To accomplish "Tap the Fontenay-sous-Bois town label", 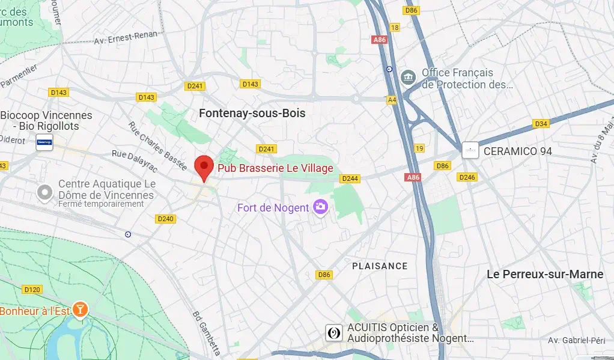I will click(x=252, y=113).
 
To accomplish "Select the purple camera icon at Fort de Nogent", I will click(x=321, y=207).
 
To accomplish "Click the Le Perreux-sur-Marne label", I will click(x=545, y=274).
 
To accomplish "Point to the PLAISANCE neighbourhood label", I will click(x=380, y=266).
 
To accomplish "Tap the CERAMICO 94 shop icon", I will click(x=470, y=151).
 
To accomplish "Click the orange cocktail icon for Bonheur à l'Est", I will click(x=80, y=310).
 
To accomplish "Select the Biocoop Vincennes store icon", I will click(x=44, y=144).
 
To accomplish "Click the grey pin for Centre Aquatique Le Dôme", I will click(x=44, y=193).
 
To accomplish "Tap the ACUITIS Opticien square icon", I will click(x=334, y=334).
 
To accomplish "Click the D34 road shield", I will click(x=541, y=124).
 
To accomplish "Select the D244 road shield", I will click(x=350, y=178).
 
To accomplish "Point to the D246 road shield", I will click(x=467, y=177).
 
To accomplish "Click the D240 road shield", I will click(x=165, y=219).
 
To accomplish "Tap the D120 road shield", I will click(x=32, y=289).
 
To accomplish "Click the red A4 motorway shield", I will click(x=392, y=100).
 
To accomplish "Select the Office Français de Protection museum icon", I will click(x=409, y=78).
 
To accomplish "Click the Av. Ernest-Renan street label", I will click(x=126, y=37).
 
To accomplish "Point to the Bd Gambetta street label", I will click(x=207, y=332).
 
